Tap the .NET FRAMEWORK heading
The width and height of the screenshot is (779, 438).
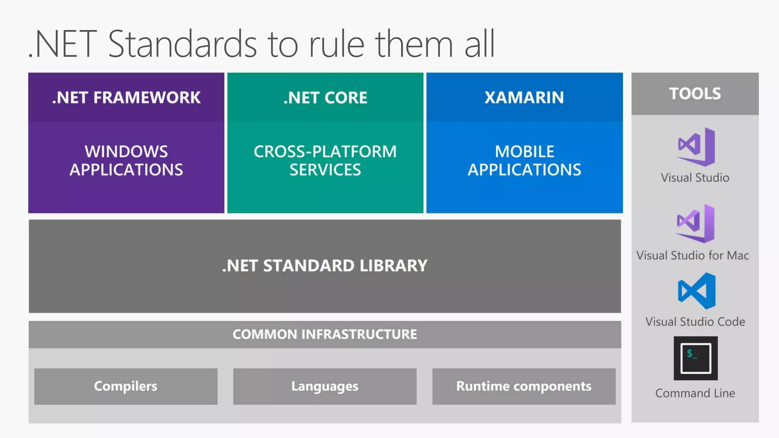coord(126,98)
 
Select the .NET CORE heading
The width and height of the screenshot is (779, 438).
coord(325,98)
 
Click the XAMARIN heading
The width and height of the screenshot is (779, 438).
coord(524,98)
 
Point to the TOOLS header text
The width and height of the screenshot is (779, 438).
coord(695,94)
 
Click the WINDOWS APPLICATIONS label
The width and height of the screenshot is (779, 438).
coord(126,160)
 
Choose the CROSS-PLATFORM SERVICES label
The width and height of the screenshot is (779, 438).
coord(325,160)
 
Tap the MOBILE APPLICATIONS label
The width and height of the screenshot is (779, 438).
coord(524,160)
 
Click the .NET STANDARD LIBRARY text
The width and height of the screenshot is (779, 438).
coord(325,266)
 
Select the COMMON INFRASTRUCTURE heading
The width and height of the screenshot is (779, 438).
coord(325,334)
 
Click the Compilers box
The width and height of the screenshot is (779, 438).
coord(126,386)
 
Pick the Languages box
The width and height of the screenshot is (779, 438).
coord(325,386)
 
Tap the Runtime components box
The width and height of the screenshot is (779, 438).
coord(524,386)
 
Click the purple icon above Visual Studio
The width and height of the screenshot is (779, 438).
coord(696,147)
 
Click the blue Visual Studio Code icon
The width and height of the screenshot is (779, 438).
coord(696,291)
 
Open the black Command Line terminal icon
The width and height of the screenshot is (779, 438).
coord(696,358)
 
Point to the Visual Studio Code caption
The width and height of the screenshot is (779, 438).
coord(695,322)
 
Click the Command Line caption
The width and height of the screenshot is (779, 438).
coord(695,393)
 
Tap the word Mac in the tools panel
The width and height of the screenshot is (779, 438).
coord(738,255)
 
